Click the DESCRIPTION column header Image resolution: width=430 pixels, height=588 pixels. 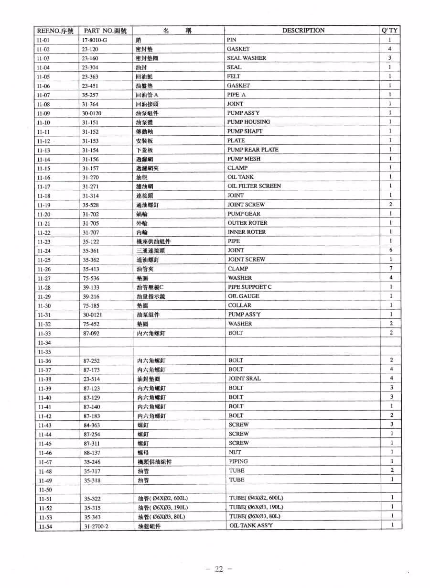coord(303,30)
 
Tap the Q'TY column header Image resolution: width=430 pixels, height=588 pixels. coord(390,30)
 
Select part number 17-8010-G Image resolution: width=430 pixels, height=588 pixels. coord(94,40)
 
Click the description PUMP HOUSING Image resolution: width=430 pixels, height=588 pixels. coord(248,122)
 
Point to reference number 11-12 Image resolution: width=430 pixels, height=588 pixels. coord(43,141)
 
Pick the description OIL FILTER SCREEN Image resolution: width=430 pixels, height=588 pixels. coord(254,186)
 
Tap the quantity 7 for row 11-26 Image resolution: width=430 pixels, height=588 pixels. coord(391,269)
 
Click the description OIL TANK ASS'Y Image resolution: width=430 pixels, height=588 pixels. coord(251,525)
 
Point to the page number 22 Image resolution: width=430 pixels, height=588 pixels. coord(219,569)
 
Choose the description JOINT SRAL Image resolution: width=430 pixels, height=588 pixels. coord(244,379)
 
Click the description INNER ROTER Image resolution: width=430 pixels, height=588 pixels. coord(247,232)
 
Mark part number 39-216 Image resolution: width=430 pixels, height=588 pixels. coord(91,296)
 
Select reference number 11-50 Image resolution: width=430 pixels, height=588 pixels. coord(45,490)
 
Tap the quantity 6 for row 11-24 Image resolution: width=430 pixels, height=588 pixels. coord(391,250)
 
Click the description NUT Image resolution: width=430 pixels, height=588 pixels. coord(235,452)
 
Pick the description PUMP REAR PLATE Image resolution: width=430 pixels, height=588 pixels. coord(253,150)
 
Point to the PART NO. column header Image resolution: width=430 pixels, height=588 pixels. coord(105,31)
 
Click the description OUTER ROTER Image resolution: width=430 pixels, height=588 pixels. coord(247,223)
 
